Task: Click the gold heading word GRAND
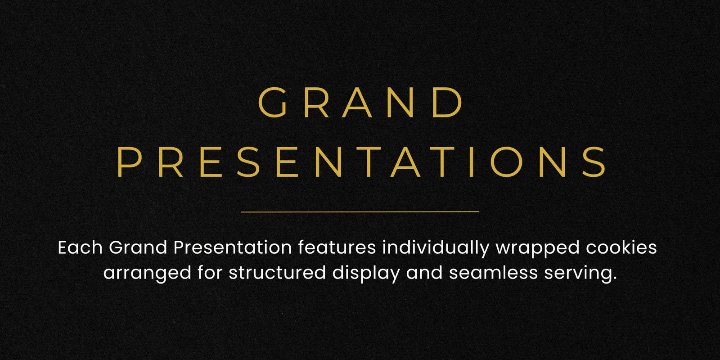pos(360,102)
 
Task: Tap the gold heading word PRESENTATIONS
pos(361,162)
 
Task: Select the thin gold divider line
pos(360,212)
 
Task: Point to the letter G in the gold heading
pos(272,102)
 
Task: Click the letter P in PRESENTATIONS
pos(129,162)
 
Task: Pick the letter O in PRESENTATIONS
pos(506,162)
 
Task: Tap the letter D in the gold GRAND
pos(448,102)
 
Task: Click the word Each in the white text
pos(80,247)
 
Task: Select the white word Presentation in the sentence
pos(232,247)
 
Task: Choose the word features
pos(337,247)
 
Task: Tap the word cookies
pos(621,247)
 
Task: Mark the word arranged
pos(147,274)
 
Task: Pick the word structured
pos(277,272)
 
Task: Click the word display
pos(366,274)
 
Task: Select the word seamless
pos(493,272)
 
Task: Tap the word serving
pos(580,274)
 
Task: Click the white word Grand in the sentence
pos(138,247)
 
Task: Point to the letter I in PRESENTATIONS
pos(472,162)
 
